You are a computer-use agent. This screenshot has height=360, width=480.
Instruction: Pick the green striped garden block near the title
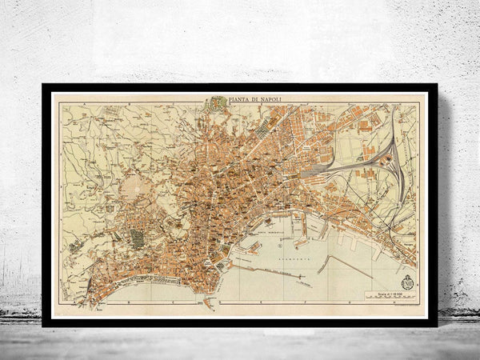pos(216,103)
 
